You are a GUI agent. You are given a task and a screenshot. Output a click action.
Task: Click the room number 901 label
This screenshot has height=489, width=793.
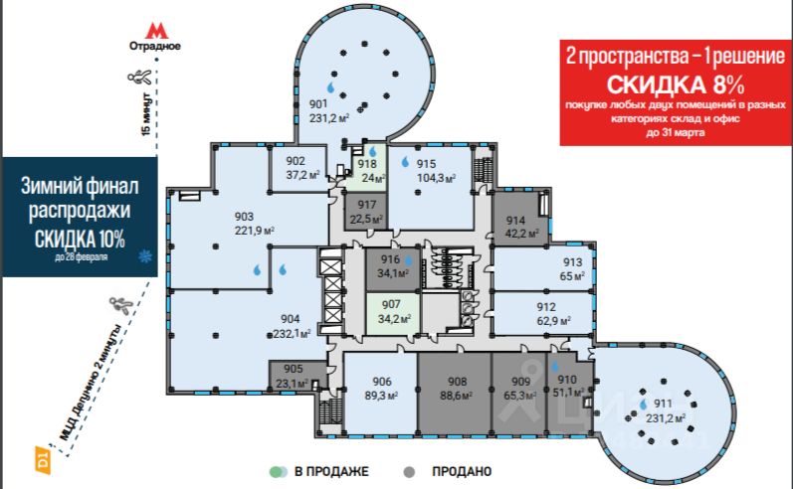point(319,104)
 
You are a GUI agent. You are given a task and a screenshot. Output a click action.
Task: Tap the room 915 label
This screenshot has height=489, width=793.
point(427,165)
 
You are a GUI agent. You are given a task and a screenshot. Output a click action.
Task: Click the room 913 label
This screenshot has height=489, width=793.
point(571,264)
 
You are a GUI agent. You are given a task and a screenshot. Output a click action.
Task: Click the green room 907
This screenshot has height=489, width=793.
point(391,311)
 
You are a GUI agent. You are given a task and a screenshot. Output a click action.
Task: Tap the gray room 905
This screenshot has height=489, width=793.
point(293,375)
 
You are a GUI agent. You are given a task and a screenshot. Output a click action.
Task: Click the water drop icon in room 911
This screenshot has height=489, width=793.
point(644,406)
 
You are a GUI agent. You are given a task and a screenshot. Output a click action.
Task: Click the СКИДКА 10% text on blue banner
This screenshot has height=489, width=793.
point(80,239)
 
